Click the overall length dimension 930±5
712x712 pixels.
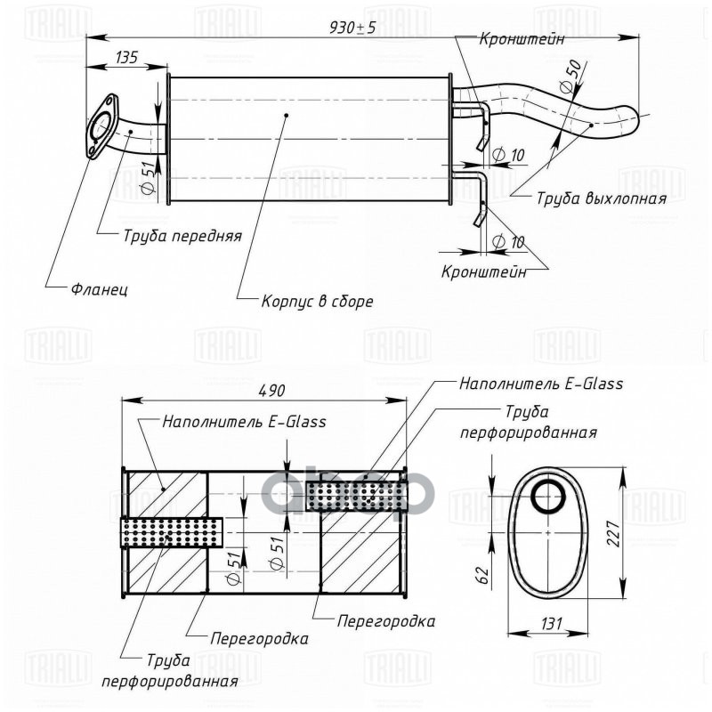pyautogui.click(x=352, y=28)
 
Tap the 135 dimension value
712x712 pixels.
pyautogui.click(x=126, y=58)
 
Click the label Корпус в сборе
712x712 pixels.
pyautogui.click(x=317, y=301)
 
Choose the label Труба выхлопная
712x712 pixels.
pyautogui.click(x=601, y=198)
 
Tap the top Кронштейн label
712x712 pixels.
pyautogui.click(x=522, y=39)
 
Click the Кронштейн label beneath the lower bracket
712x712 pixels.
pyautogui.click(x=483, y=271)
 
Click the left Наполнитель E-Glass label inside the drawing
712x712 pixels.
pyautogui.click(x=244, y=422)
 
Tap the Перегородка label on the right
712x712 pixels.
pyautogui.click(x=386, y=621)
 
